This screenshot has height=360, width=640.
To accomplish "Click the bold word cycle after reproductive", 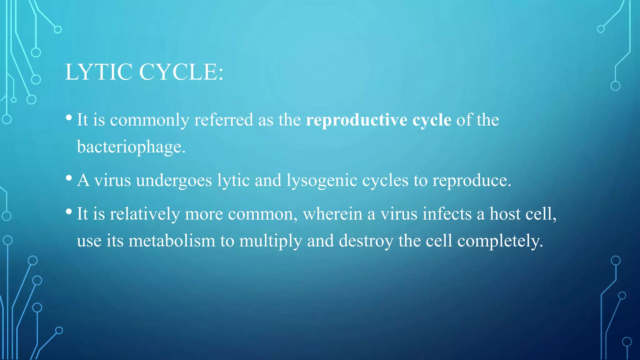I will tap(432, 120).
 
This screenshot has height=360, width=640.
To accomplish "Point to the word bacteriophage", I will tap(131, 147).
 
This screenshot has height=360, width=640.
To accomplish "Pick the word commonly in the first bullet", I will tap(149, 120).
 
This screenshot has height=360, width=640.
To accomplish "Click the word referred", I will tap(223, 120).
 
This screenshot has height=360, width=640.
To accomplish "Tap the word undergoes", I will tap(174, 181).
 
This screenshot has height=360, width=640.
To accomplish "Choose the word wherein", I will tap(332, 214).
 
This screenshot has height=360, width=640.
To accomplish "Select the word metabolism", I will tap(172, 241).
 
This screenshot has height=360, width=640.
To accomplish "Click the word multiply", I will tap(271, 242).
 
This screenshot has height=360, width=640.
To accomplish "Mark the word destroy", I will tap(366, 242).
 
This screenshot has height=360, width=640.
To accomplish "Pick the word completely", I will tap(500, 242).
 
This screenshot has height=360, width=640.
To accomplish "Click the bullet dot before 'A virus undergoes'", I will tap(69, 178).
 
